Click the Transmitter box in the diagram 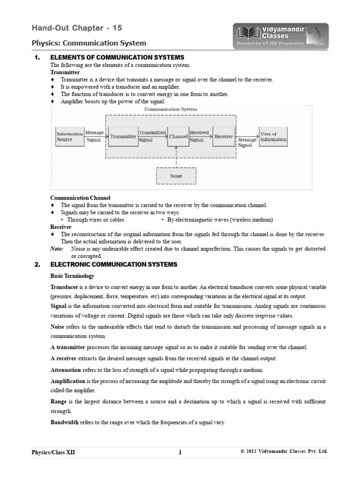(123, 136)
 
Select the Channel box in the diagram (178, 136)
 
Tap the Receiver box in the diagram (224, 136)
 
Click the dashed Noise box (176, 176)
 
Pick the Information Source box (70, 136)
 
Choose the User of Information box (273, 136)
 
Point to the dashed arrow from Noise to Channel (176, 156)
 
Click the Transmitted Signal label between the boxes (152, 136)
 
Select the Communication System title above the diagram (171, 109)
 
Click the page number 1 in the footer (180, 452)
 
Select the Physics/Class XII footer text (53, 452)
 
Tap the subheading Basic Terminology (72, 276)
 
